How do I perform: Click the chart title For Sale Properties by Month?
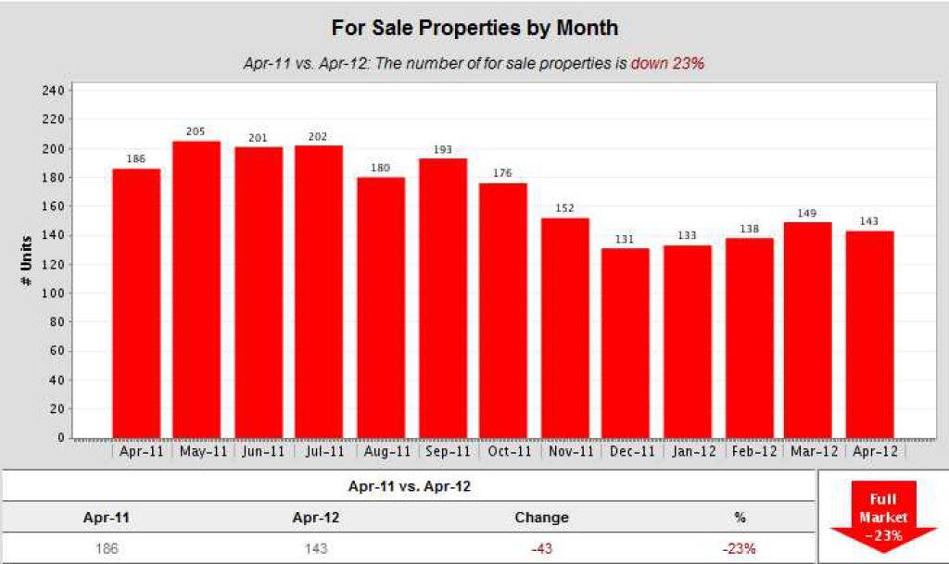pos(474,28)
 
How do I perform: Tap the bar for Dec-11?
pos(626,343)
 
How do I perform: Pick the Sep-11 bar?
pos(443,297)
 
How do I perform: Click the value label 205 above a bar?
pos(196,132)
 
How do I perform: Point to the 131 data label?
pos(626,240)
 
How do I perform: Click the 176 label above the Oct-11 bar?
pos(503,173)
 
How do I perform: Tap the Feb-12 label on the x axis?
pos(750,452)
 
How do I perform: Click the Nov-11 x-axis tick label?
pos(565,452)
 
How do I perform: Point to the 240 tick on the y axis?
pos(52,91)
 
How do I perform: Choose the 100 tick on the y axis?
pos(52,294)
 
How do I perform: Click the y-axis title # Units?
pos(28,264)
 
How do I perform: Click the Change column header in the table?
pos(541,517)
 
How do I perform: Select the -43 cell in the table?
pos(541,547)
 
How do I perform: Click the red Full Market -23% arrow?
pos(882,515)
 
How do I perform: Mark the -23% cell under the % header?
pos(740,547)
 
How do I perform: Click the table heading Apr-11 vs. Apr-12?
pos(410,485)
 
